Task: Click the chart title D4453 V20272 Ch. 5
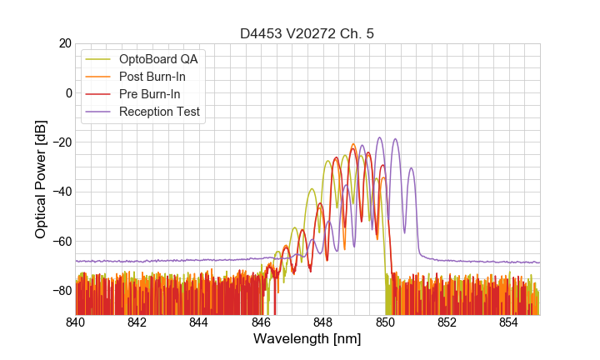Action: point(307,33)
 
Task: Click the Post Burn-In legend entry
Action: point(152,77)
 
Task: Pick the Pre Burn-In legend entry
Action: point(148,94)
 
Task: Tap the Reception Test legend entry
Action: point(159,112)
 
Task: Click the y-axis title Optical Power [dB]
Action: point(41,178)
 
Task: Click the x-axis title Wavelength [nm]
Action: point(307,339)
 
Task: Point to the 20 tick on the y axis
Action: point(63,43)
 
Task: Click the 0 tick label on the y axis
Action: point(67,92)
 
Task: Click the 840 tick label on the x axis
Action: point(76,322)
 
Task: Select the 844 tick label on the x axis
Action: point(199,322)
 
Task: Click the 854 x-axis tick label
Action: point(508,322)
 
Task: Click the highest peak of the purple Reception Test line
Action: point(380,138)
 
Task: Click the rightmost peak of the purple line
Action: point(411,168)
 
